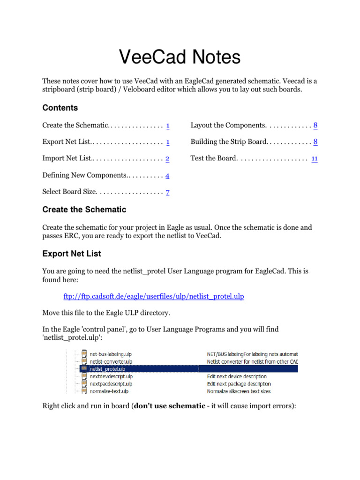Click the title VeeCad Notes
point(180,57)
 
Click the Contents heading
point(60,108)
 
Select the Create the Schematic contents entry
point(75,125)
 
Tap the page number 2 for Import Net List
point(167,158)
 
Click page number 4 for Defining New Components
point(167,175)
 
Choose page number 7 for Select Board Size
point(167,192)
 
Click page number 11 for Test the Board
point(315,158)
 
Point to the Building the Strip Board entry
point(228,142)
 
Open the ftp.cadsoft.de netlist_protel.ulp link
point(154,296)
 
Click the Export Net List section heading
point(72,254)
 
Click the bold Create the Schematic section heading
point(84,209)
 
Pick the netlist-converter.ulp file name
point(111,361)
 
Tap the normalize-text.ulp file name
point(109,391)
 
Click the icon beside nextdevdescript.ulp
point(84,376)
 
